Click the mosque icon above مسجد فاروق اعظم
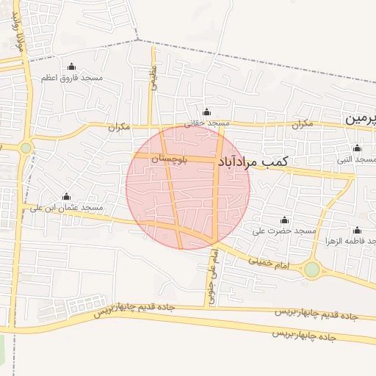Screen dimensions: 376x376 click(71, 67)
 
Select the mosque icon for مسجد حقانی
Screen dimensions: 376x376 click(206, 112)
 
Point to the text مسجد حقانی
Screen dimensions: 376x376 click(207, 123)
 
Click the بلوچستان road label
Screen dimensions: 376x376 click(170, 159)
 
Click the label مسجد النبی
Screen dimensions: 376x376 click(355, 159)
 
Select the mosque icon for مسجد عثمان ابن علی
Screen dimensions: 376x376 click(67, 197)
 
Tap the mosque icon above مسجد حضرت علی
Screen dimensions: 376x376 click(284, 220)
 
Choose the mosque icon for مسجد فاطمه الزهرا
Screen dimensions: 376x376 click(358, 230)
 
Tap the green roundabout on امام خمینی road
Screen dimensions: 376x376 click(312, 270)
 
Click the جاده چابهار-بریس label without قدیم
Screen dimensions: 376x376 click(304, 334)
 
